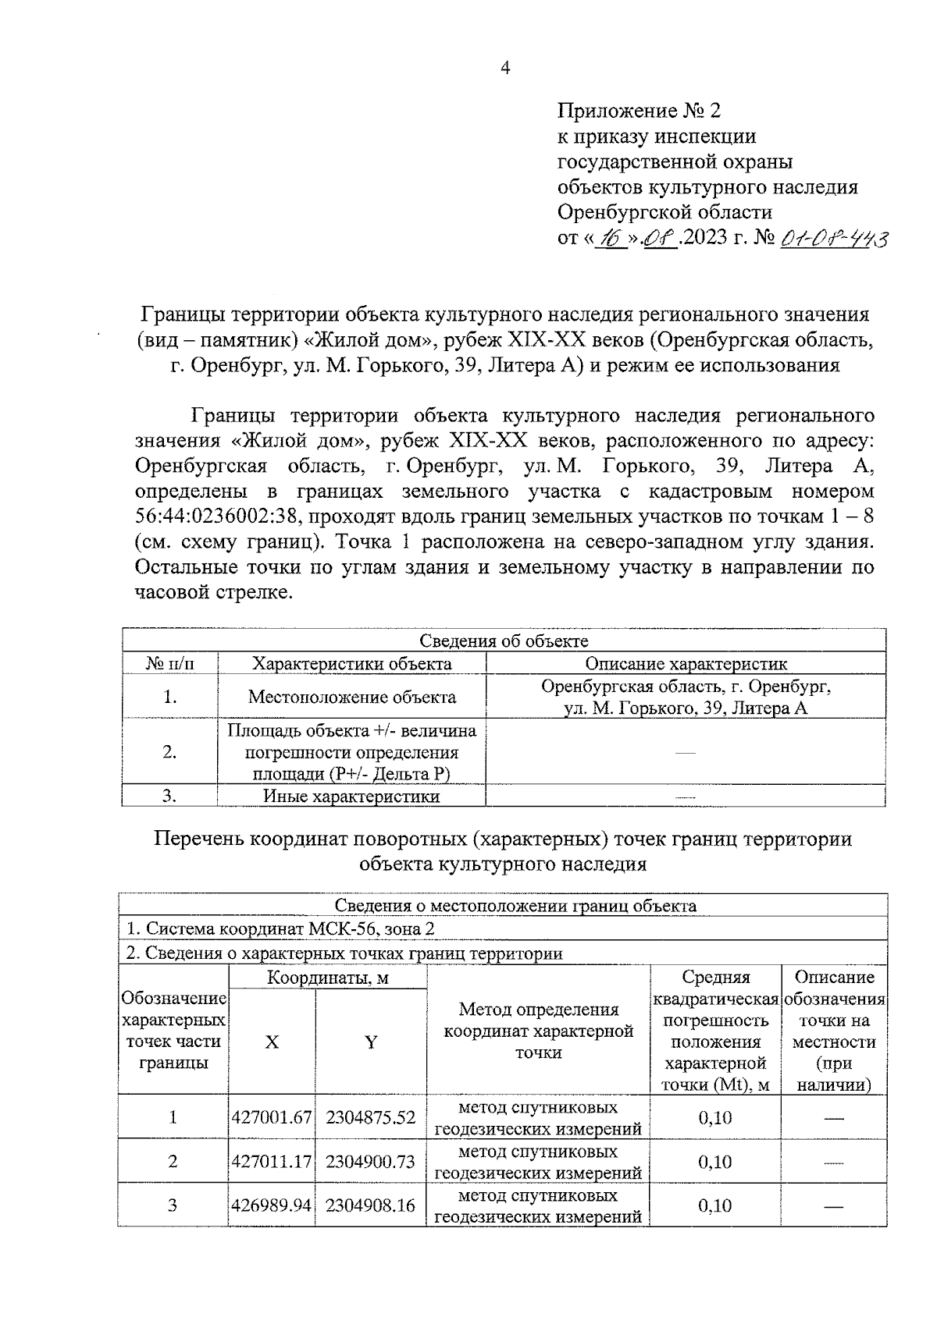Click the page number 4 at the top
pos(504,69)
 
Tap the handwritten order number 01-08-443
pos(832,237)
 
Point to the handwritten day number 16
pos(607,237)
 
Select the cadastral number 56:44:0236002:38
pos(222,516)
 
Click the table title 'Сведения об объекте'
pos(504,641)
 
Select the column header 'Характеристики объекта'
pos(351,664)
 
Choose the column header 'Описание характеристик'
pos(686,664)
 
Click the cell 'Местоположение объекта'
pos(351,697)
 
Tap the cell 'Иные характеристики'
pos(351,797)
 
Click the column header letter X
pos(271,1042)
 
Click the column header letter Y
pos(371,1042)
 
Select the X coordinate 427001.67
pos(272,1117)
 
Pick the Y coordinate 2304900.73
pos(370,1162)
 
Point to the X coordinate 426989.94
pos(272,1205)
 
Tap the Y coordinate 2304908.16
pos(370,1205)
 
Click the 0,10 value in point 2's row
pos(714,1162)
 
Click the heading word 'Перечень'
pos(198,839)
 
